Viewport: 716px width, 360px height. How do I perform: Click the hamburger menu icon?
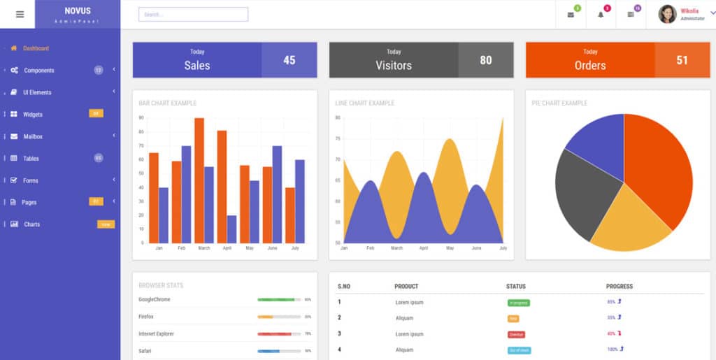(x=20, y=14)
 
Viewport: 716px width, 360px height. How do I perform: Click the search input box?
(x=193, y=14)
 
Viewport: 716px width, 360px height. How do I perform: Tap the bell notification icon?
(x=601, y=15)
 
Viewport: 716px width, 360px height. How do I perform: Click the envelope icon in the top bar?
(x=571, y=15)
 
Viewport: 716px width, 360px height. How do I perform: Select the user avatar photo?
(x=667, y=14)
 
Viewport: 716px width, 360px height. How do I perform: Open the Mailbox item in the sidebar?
(x=33, y=136)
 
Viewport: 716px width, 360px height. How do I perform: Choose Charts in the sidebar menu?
(x=31, y=224)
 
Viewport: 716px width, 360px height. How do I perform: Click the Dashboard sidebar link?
(x=36, y=48)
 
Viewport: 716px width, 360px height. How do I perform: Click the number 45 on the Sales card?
(x=289, y=60)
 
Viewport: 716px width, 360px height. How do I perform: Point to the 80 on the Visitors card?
(x=486, y=60)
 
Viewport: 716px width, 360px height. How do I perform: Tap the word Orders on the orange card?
(x=590, y=65)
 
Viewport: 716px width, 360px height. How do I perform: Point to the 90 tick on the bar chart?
(x=141, y=118)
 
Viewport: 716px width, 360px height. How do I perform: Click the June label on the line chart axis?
(x=476, y=248)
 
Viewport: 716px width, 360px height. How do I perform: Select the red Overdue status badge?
(x=516, y=334)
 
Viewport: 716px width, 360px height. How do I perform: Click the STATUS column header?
(x=516, y=286)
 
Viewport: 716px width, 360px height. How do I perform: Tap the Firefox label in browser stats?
(x=147, y=317)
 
